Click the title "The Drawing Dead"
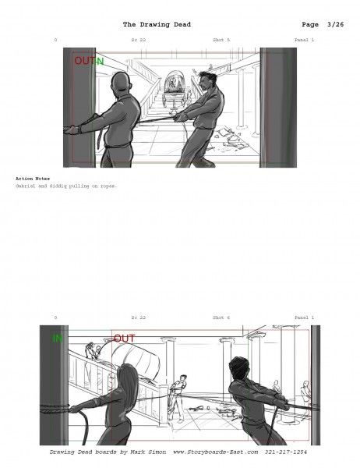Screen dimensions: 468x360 pos(157,24)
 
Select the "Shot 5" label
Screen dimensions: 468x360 pos(221,39)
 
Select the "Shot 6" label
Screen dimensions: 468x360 pos(221,317)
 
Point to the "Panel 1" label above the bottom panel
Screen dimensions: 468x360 pos(304,317)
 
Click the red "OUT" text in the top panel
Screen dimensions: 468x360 pos(83,61)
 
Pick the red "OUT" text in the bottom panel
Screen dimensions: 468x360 pos(124,339)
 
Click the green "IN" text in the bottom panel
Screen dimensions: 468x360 pos(58,339)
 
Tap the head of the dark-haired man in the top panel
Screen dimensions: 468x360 pos(205,80)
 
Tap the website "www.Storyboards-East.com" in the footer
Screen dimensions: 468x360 pos(216,452)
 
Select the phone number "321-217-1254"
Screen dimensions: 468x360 pos(286,452)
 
